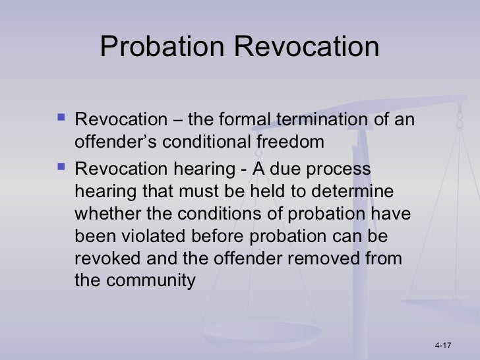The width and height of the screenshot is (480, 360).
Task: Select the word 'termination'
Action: coord(333,120)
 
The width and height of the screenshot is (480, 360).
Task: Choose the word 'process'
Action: coord(333,169)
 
